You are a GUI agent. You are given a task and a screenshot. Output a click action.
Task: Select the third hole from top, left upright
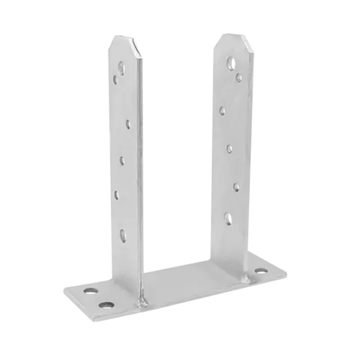(x=128, y=124)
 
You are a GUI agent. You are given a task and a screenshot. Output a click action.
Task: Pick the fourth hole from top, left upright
(x=121, y=160)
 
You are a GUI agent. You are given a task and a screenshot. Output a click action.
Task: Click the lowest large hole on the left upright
(x=124, y=234)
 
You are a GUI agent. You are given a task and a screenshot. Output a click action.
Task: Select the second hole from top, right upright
(x=239, y=76)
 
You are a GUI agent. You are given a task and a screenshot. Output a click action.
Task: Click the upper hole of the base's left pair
(x=90, y=290)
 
